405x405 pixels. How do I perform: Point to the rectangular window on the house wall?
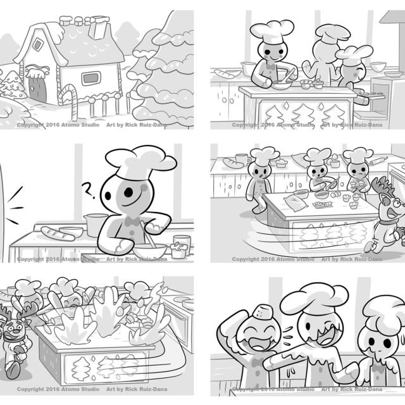(x=90, y=78)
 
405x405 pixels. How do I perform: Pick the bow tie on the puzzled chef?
(x=133, y=222)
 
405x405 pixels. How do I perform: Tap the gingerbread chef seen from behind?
(x=321, y=60)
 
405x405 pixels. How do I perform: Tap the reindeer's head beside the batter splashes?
(x=17, y=327)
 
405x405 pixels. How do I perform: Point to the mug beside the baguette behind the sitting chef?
(x=241, y=158)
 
